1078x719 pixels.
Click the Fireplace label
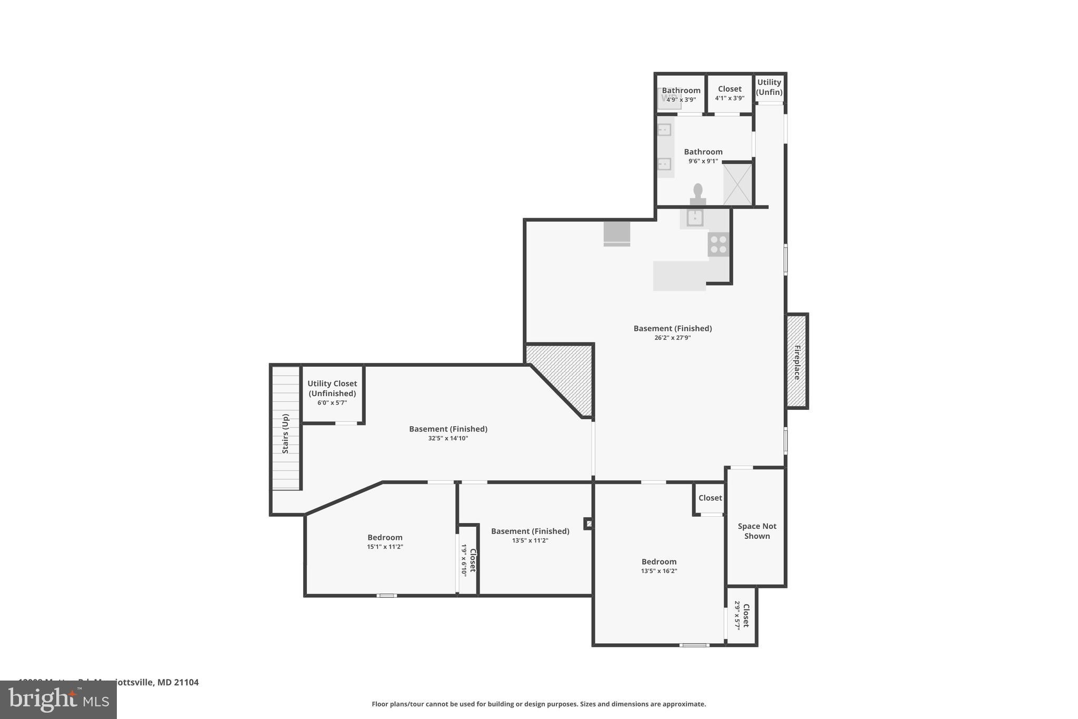point(797,362)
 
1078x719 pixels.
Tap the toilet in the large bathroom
point(698,193)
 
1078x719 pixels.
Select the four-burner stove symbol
point(718,244)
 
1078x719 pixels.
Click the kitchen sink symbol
point(695,217)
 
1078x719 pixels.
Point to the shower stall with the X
point(737,184)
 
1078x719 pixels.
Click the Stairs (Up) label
point(285,434)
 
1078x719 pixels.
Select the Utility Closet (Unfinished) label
point(332,388)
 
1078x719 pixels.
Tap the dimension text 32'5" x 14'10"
point(448,438)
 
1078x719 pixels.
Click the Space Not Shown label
point(757,531)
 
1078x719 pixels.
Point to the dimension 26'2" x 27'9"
point(672,338)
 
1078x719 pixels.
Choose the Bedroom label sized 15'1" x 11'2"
point(385,537)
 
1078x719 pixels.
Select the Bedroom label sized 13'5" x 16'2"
point(658,562)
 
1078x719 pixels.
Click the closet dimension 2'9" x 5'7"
point(737,615)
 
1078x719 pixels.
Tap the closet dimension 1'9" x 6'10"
point(464,561)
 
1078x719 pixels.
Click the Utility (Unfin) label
point(769,87)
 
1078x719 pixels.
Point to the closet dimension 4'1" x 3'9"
point(730,98)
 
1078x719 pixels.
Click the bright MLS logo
point(58,700)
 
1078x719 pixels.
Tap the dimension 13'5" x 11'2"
point(530,540)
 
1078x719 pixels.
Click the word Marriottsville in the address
point(126,682)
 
